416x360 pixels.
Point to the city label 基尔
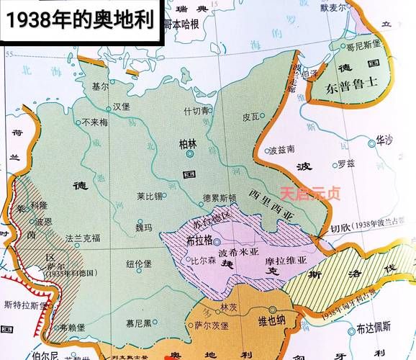coord(100,86)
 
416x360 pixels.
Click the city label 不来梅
coord(94,122)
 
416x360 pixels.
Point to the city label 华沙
coord(386,140)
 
